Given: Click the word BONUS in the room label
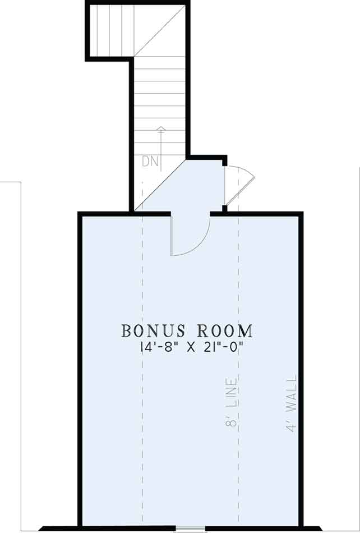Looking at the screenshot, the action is point(153,331).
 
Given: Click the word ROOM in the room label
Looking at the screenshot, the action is point(225,331).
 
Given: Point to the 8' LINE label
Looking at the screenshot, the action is point(231,402).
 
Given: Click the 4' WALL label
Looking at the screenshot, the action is point(292,403).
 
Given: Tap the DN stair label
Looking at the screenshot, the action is point(150,162).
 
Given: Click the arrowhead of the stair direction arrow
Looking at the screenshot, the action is point(161,128).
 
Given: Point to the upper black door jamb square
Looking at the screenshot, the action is point(224,163).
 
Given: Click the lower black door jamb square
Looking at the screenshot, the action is point(224,208).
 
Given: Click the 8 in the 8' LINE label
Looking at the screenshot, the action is point(231,421).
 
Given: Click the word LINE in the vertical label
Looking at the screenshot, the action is point(231,393).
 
